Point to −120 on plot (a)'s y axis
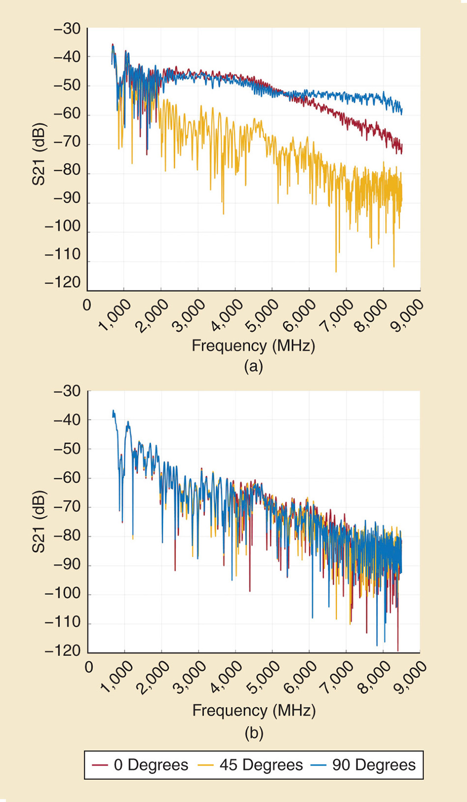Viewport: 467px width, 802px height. [x=62, y=283]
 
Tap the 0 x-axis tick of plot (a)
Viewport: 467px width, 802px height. [x=87, y=306]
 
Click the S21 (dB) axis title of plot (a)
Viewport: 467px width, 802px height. [x=39, y=154]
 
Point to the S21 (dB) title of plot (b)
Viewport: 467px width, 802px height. [x=39, y=522]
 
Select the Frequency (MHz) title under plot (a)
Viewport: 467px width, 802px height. [x=253, y=346]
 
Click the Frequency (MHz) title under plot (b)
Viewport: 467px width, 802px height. [x=254, y=710]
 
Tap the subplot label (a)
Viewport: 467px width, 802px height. [x=253, y=367]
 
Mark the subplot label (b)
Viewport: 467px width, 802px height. [x=254, y=734]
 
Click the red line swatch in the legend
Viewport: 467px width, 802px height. [x=100, y=765]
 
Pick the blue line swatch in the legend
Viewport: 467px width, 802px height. [x=319, y=765]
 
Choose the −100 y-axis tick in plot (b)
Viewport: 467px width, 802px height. [x=62, y=593]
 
